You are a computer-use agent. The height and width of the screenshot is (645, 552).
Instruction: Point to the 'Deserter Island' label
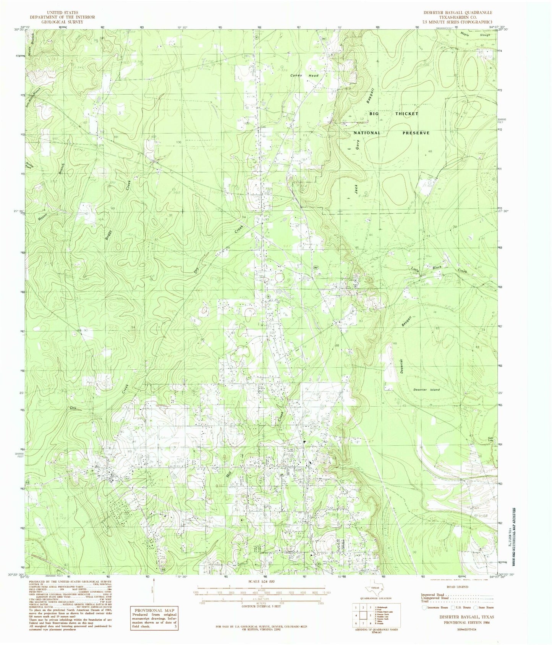(426, 390)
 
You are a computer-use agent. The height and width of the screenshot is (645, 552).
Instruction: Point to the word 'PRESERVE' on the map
(416, 133)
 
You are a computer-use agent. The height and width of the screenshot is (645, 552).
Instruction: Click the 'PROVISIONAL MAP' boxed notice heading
(152, 612)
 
